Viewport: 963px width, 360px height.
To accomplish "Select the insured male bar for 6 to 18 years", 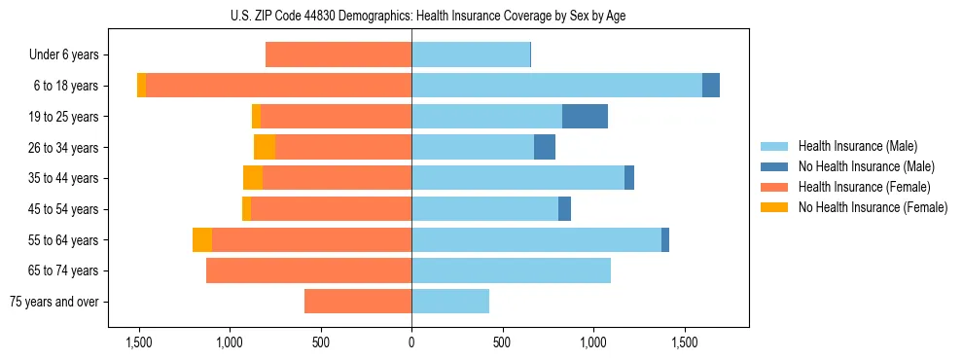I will tap(556, 86).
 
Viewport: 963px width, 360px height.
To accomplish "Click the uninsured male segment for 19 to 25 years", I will tap(585, 117).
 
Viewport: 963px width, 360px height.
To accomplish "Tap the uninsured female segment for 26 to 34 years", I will tap(265, 147).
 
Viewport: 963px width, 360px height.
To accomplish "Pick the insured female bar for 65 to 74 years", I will tap(308, 270).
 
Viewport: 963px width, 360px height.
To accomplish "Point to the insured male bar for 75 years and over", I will tap(450, 302).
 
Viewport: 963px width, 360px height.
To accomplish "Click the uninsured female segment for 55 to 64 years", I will tap(202, 240).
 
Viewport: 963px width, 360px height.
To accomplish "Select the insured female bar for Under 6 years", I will tap(339, 55).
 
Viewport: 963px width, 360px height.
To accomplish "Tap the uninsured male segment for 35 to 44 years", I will tap(629, 178).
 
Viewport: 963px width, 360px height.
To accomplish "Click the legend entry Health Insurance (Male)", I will tap(857, 146).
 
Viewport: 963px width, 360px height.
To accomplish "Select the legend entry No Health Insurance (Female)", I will tap(873, 207).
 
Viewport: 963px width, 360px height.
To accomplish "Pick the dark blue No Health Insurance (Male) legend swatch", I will tap(775, 166).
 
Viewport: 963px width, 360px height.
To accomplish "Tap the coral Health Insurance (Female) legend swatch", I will tap(775, 187).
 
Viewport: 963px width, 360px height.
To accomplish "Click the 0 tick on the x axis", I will tap(411, 342).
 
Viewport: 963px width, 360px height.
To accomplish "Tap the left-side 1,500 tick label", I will tap(139, 342).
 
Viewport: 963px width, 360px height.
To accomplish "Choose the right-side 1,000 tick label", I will tap(593, 342).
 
